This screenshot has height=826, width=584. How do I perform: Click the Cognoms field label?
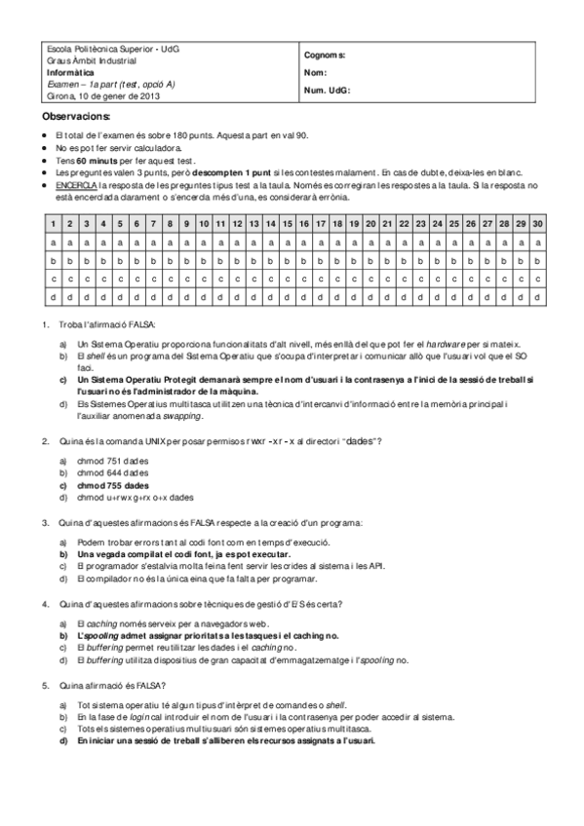point(325,56)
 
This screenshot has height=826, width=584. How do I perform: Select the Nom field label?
point(315,73)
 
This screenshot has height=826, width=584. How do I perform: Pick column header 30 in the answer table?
point(537,224)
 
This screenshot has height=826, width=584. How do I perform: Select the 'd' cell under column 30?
point(537,296)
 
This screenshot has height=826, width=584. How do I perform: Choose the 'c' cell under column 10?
point(204,279)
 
